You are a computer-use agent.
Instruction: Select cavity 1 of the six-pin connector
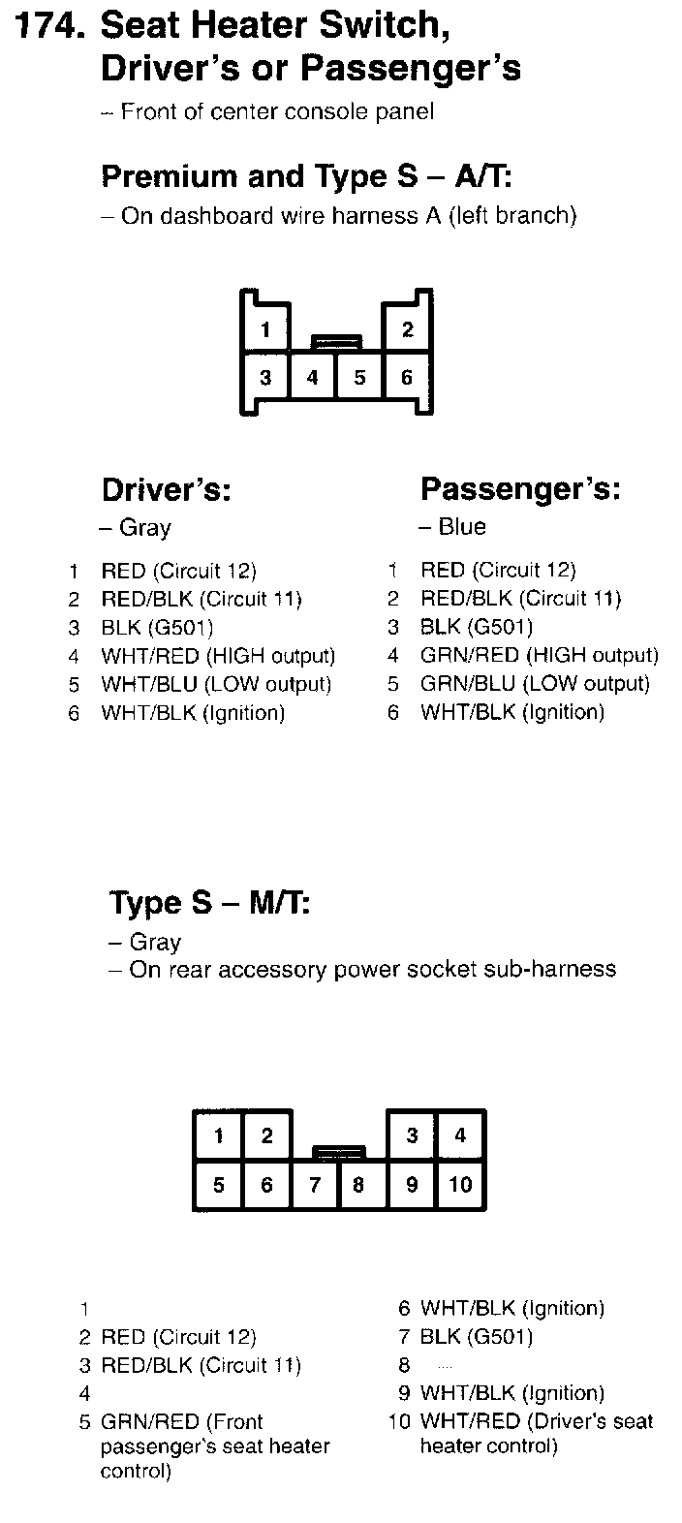click(264, 328)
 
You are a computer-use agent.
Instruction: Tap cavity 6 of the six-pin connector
click(407, 377)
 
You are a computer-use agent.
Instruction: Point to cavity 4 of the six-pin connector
click(312, 377)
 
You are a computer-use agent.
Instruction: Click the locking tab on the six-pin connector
click(336, 341)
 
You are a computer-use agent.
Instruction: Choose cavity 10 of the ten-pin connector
click(460, 1184)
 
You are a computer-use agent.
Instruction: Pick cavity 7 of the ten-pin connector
click(315, 1184)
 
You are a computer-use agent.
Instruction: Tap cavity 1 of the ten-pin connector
click(219, 1135)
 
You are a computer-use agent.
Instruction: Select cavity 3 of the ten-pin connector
click(412, 1135)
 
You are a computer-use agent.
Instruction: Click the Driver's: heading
click(166, 490)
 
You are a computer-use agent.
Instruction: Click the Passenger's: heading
click(520, 490)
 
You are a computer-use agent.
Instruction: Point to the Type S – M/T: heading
click(209, 903)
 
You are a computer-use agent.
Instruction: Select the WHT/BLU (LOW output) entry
click(216, 684)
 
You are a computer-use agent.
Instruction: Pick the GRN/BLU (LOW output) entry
click(535, 684)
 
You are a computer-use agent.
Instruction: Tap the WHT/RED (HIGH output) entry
click(218, 656)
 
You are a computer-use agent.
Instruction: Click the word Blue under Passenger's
click(462, 527)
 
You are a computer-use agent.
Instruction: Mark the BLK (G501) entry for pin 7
click(476, 1337)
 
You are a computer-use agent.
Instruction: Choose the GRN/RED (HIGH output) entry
click(539, 656)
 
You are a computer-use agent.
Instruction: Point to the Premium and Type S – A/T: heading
click(306, 176)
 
